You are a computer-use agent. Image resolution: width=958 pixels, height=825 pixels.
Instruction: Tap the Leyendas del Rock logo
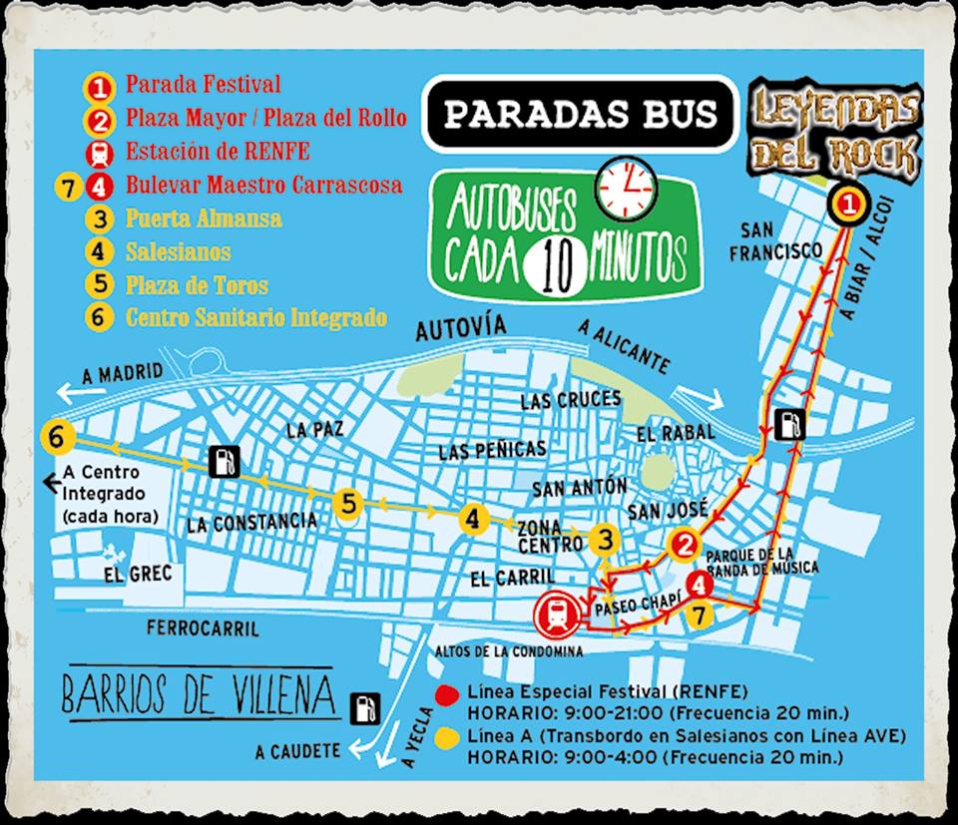pyautogui.click(x=837, y=128)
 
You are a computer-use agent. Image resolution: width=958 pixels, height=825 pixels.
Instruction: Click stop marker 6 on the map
pyautogui.click(x=58, y=437)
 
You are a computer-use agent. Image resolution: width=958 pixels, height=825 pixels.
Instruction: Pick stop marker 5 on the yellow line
pyautogui.click(x=347, y=504)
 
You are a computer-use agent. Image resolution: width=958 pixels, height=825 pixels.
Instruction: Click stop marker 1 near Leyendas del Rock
pyautogui.click(x=847, y=206)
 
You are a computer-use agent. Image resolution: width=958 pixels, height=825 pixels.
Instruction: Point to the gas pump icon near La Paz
pyautogui.click(x=225, y=461)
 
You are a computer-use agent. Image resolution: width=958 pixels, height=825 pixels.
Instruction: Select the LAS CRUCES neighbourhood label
pyautogui.click(x=570, y=400)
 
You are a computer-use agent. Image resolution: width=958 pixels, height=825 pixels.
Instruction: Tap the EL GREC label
pyautogui.click(x=138, y=574)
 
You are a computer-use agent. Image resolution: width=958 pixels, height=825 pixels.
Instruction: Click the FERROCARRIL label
pyautogui.click(x=203, y=628)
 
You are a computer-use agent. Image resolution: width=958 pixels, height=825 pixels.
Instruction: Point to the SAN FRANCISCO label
pyautogui.click(x=775, y=238)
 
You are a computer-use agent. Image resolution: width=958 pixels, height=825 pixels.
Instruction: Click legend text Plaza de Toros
pyautogui.click(x=197, y=285)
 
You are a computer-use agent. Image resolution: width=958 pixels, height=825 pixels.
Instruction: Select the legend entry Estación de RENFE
pyautogui.click(x=218, y=152)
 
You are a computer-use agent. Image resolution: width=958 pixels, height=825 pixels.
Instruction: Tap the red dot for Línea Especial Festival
pyautogui.click(x=448, y=693)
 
